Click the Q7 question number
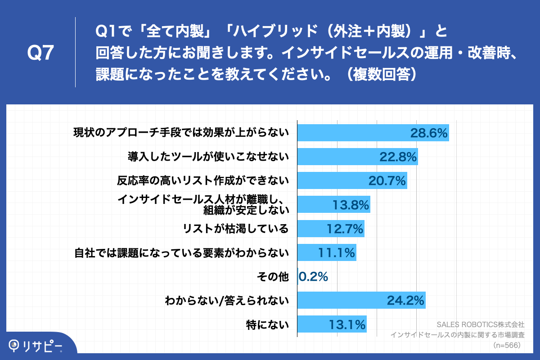41,53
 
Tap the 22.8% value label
398,157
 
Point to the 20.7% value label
387,180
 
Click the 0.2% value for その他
313,276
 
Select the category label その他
272,277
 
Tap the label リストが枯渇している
235,229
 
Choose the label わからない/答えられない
226,300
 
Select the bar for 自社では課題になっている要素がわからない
327,252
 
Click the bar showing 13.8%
333,204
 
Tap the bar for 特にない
332,324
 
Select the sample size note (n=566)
507,345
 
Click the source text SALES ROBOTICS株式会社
481,324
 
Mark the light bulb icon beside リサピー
15,345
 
